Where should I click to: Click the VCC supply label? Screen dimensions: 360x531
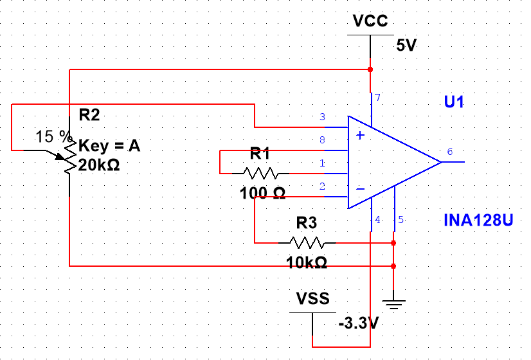[370, 21]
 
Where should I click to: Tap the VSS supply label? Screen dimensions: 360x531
[313, 298]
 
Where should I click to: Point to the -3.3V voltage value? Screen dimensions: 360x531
[357, 323]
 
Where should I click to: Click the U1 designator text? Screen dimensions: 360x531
[454, 102]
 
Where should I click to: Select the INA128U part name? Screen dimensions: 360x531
[478, 221]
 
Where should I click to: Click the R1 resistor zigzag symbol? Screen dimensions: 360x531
[260, 173]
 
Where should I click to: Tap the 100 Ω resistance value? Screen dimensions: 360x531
[263, 192]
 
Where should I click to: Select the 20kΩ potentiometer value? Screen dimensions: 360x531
[99, 165]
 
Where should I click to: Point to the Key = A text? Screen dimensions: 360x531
[109, 147]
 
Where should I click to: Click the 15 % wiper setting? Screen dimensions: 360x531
[54, 136]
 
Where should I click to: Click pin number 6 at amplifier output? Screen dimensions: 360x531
[450, 152]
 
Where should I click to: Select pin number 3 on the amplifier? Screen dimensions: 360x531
[322, 117]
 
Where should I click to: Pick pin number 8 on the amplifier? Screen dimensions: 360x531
[322, 139]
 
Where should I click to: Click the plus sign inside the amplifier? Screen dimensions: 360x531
[361, 135]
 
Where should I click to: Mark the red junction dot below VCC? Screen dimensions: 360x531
[370, 69]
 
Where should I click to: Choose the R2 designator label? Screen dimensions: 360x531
[89, 115]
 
